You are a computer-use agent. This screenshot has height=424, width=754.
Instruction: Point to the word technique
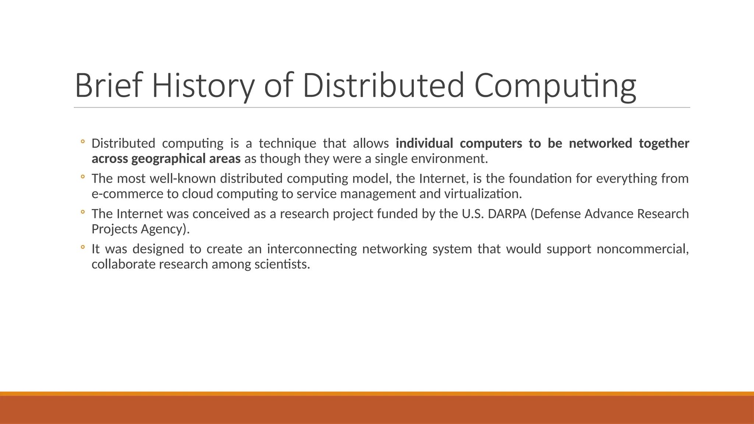(x=287, y=143)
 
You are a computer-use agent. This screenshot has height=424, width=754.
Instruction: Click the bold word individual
(x=424, y=143)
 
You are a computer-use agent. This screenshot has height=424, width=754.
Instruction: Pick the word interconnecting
(x=312, y=249)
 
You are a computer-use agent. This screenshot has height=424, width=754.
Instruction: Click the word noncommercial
(x=642, y=249)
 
